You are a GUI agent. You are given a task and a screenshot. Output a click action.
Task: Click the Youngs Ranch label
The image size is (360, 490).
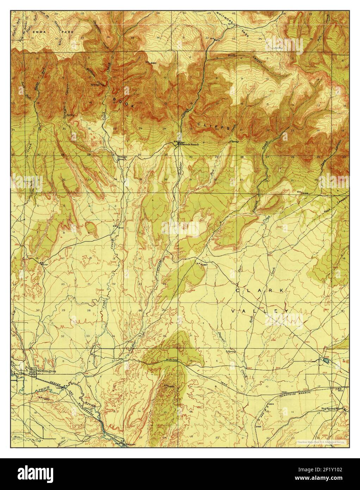click(122, 158)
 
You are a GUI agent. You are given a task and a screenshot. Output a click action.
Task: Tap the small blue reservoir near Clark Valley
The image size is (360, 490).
click(324, 361)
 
